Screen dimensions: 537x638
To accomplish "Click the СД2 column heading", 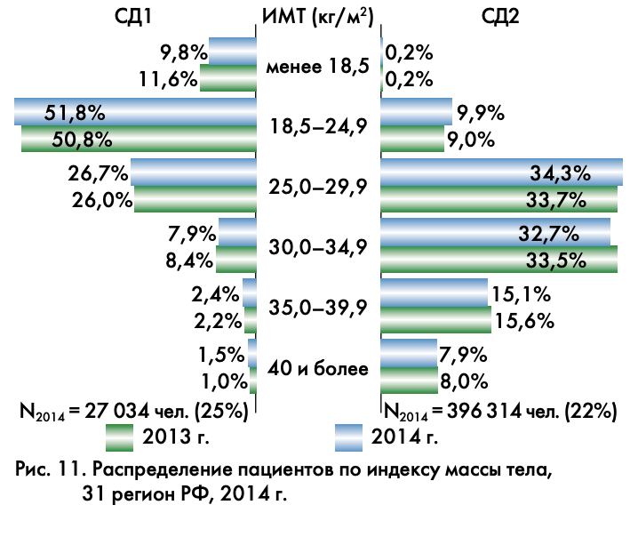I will [x=499, y=17].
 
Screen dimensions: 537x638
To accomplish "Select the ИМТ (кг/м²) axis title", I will [x=318, y=17].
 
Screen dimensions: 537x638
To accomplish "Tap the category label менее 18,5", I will [x=318, y=66].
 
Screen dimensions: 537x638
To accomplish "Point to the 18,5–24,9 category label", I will [x=318, y=126].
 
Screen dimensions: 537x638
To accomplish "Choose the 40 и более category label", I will [x=318, y=368].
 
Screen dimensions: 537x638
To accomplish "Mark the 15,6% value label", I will [x=522, y=319].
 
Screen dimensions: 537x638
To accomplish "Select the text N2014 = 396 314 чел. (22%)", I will [x=500, y=411].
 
